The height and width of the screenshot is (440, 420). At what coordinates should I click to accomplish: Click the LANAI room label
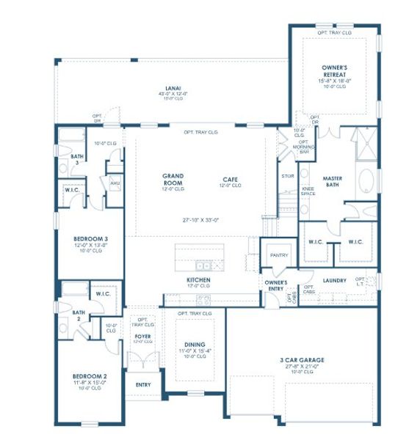tap(173, 87)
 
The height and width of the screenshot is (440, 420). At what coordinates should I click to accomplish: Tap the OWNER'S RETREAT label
tap(334, 70)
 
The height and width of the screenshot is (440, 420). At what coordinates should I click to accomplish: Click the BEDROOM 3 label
tap(91, 239)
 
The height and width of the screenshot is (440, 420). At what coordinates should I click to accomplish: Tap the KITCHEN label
tap(198, 280)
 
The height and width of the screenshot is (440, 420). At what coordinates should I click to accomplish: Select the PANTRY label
tap(279, 255)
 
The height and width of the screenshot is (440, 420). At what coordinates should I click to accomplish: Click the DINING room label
tap(195, 345)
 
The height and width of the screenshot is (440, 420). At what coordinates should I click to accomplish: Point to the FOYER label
tap(142, 337)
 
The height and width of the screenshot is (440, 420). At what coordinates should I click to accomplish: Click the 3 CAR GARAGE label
tap(302, 360)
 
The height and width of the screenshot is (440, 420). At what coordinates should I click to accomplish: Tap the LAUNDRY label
tap(334, 280)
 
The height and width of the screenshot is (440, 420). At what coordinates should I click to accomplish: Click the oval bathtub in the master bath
tap(367, 180)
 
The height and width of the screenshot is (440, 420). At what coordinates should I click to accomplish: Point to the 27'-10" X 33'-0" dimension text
tap(193, 219)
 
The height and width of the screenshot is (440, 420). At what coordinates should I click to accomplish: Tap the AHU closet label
tap(114, 183)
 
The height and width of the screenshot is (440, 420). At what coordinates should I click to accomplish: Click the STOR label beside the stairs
tap(288, 176)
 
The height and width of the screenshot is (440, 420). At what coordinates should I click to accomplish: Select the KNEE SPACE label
tap(308, 191)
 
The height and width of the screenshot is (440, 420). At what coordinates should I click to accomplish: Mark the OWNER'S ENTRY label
tap(275, 285)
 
